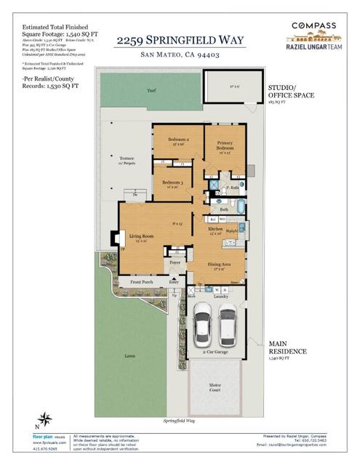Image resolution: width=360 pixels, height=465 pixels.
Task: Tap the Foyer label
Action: (x=175, y=263)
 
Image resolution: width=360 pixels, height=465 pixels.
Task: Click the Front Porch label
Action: (x=144, y=282)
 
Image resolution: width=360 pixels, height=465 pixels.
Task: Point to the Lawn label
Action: (x=130, y=357)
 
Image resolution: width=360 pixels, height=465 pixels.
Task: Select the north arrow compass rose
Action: (x=46, y=418)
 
